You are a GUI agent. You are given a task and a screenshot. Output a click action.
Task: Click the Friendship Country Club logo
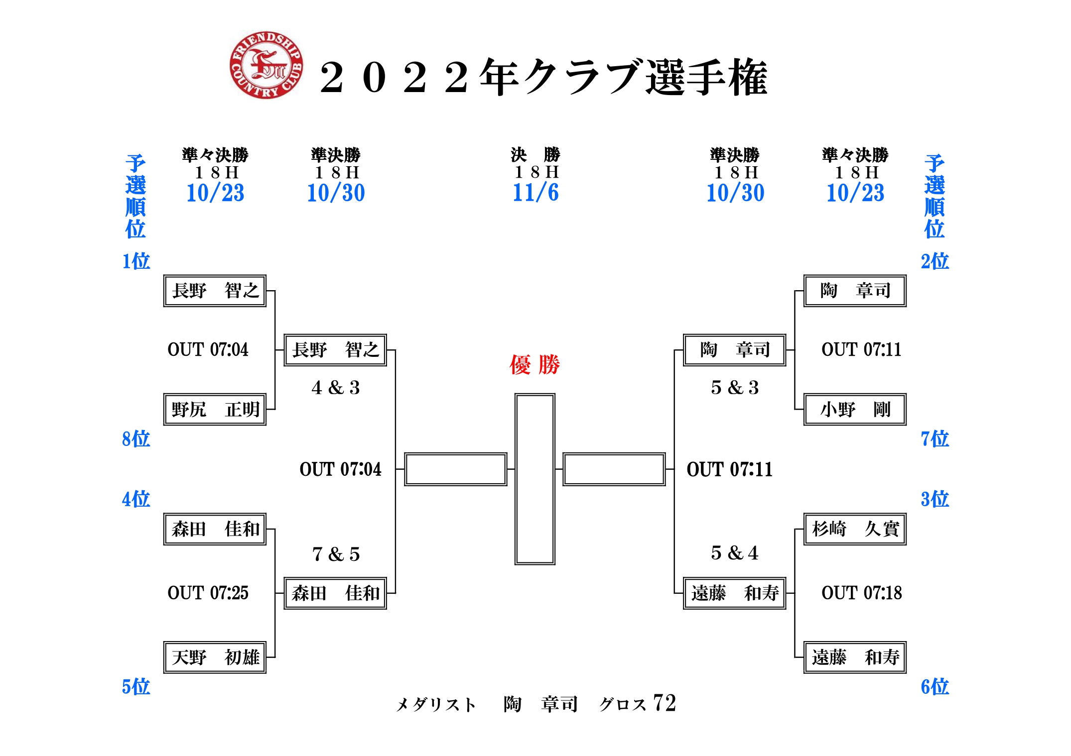pos(266,65)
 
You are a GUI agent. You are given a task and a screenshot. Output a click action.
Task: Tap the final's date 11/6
pos(535,193)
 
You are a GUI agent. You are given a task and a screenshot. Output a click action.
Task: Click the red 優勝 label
pos(535,365)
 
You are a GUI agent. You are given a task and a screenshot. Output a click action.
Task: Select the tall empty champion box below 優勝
pos(535,479)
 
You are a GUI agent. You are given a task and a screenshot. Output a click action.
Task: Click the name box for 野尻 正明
pos(215,410)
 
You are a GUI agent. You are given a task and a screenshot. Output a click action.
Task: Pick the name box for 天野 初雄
pos(215,657)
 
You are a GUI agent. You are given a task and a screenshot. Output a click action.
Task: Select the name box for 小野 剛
pos(855,410)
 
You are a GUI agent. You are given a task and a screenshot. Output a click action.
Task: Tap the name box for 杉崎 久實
pos(855,529)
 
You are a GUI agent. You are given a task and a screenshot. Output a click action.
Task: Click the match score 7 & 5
pos(336,554)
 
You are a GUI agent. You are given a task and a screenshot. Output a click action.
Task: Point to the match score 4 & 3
pos(336,387)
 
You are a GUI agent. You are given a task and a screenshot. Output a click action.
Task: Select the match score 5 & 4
pos(735,552)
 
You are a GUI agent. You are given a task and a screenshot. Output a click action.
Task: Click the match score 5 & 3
pos(735,387)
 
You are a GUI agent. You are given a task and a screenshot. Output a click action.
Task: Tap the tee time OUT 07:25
pos(208,593)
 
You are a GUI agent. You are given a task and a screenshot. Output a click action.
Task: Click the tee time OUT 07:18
pos(862,593)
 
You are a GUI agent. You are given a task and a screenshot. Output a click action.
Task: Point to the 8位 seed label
pos(136,439)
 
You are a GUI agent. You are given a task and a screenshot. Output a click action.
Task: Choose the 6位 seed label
pos(935,687)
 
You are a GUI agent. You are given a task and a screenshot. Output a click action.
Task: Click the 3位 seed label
pos(935,499)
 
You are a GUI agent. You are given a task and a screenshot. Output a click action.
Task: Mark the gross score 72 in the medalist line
pos(665,703)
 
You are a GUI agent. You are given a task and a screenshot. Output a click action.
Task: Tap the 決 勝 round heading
pos(535,155)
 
